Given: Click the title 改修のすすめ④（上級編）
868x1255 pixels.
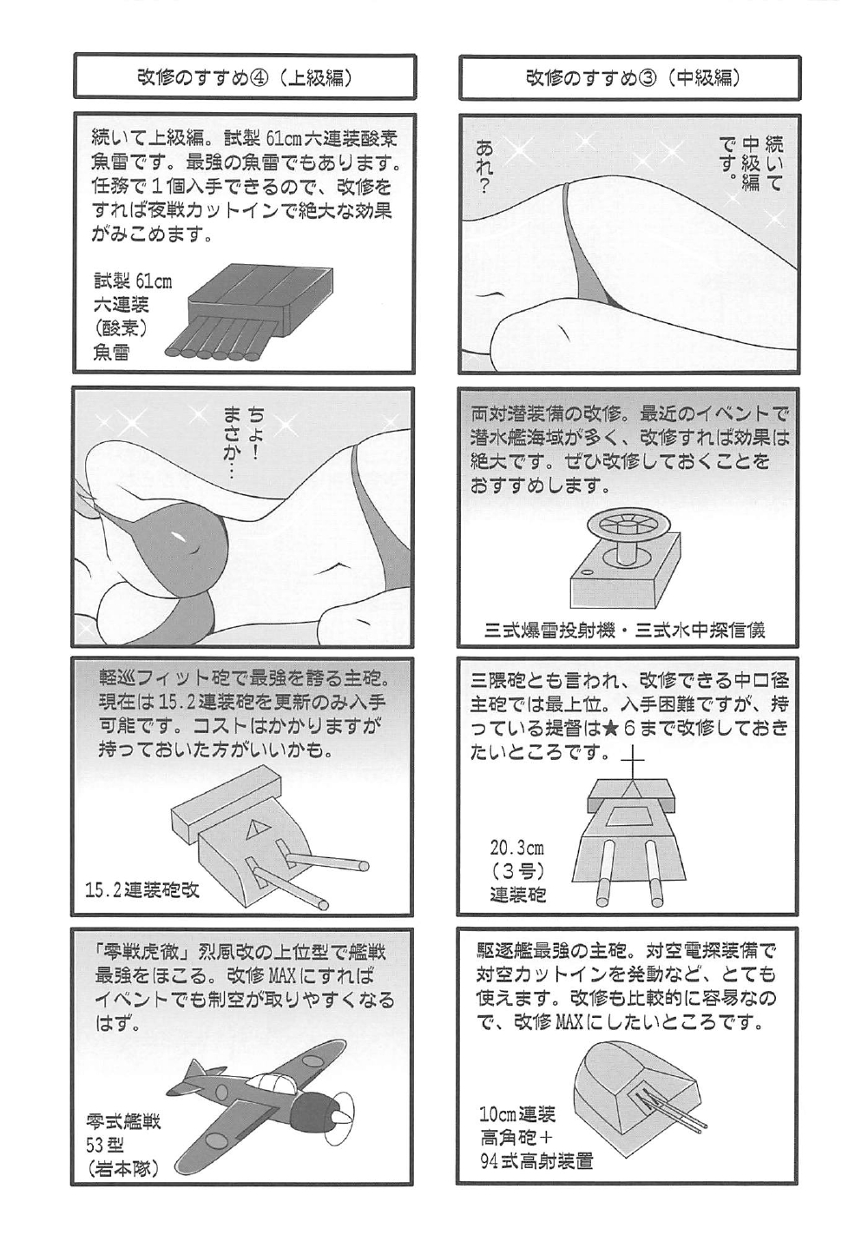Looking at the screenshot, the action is pos(244,78).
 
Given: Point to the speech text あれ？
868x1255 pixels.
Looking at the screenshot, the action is pos(484,167).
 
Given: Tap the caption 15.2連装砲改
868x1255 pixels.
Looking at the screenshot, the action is pos(143,889).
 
